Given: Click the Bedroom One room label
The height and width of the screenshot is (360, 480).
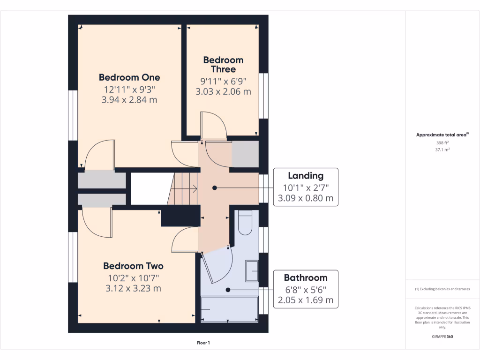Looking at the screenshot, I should (x=129, y=77).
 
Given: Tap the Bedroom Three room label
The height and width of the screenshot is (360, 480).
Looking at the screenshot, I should (x=223, y=65).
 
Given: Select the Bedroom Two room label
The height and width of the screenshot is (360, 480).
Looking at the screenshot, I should (x=133, y=266).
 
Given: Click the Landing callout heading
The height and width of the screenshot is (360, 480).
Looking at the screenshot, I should (x=306, y=176).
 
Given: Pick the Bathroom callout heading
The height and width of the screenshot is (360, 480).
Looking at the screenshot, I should (x=306, y=277).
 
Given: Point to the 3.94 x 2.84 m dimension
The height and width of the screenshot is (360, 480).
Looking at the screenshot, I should (x=129, y=100).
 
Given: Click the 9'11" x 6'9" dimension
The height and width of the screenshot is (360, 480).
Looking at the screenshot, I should (x=223, y=81).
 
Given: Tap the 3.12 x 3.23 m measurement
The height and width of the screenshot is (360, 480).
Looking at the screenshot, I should (x=133, y=288).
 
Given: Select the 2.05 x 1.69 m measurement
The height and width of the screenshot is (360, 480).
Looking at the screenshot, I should (x=306, y=300).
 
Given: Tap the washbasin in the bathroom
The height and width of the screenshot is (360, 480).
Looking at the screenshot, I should (x=252, y=271).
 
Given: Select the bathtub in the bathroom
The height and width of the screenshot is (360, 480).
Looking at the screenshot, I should (x=229, y=309).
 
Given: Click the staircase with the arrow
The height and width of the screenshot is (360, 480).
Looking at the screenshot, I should (x=184, y=188).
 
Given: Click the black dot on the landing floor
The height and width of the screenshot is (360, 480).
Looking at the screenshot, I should (x=215, y=187).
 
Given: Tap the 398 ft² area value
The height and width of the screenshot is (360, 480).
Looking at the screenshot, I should (x=442, y=142).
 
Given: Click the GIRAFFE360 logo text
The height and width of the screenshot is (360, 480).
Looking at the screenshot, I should (x=442, y=337).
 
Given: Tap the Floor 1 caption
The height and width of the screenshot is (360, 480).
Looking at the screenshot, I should (x=203, y=343).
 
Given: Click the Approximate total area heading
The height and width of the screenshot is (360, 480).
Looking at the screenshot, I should (x=442, y=135).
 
